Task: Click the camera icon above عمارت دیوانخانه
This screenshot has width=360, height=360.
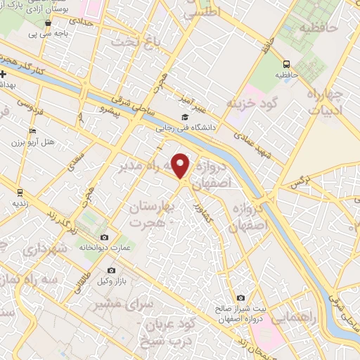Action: [105, 237]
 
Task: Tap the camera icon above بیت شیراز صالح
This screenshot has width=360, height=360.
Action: [241, 297]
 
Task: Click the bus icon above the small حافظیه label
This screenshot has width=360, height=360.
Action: [285, 63]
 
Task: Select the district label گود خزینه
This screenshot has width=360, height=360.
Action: [251, 103]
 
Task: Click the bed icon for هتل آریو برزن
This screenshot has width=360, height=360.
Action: [32, 131]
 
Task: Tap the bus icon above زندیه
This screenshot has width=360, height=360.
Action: [19, 191]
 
